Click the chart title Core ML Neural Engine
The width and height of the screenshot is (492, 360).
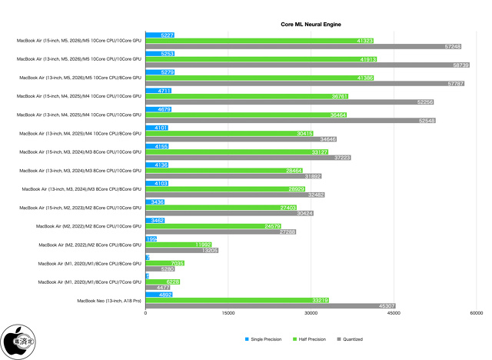pos(311,25)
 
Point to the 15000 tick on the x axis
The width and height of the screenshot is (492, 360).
pos(228,313)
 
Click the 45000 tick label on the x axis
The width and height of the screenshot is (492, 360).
pos(393,313)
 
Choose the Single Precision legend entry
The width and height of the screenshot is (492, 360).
pos(263,338)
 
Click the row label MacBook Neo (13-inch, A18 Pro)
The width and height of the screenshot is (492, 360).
pos(110,300)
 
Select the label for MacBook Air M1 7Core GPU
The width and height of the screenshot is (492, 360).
pos(95,282)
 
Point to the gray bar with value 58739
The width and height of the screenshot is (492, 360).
pos(307,65)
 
